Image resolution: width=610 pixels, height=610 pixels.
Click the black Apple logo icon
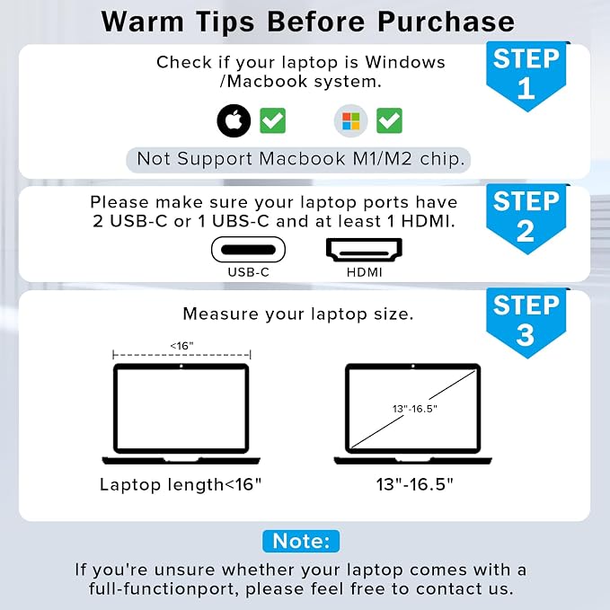(234, 120)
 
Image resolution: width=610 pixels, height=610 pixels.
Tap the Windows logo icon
(351, 120)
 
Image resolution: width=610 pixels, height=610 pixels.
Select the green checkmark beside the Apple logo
(273, 120)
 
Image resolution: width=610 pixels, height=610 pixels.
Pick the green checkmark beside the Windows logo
(389, 120)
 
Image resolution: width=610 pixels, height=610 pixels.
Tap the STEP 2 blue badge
(526, 218)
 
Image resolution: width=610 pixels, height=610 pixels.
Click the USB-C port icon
(248, 250)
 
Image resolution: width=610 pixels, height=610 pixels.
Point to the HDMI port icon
(364, 250)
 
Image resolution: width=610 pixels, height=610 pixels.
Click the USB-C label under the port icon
(249, 272)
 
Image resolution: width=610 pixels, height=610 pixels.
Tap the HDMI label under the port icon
(365, 272)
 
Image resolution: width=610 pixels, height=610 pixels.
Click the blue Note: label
(301, 541)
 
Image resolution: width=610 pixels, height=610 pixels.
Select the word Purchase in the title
(446, 22)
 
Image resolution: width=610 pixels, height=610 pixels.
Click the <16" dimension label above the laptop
(182, 346)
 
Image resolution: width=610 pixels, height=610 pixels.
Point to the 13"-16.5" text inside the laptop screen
(415, 409)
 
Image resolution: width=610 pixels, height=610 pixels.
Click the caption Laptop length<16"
(181, 485)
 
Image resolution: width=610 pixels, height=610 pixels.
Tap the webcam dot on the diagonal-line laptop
(413, 366)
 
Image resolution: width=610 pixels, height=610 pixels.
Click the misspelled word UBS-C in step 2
(241, 221)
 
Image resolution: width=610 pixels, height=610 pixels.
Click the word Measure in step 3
(221, 314)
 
